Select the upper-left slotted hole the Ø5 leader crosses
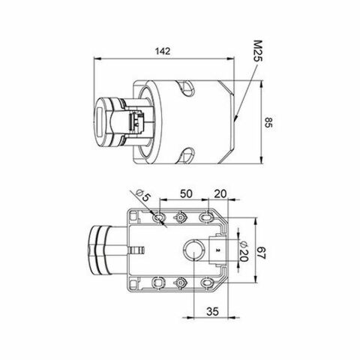159,217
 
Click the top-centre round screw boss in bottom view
181,217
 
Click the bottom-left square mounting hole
159,282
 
